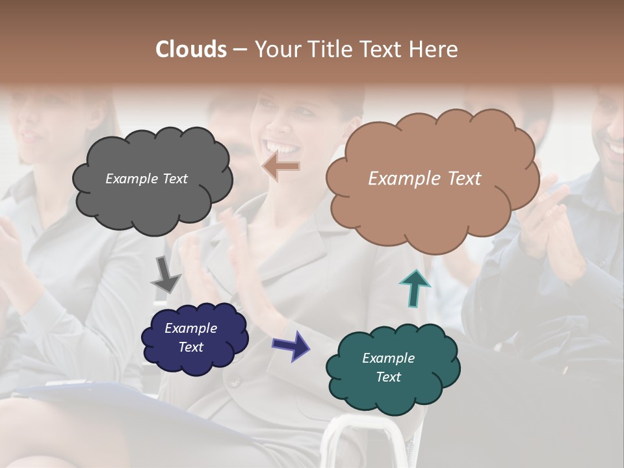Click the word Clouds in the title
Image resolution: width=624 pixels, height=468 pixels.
pos(191,49)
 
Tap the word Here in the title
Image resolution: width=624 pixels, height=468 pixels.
pos(434,49)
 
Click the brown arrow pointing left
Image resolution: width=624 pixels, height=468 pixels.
pos(281,166)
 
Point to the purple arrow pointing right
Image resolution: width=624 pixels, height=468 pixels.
pos(291,344)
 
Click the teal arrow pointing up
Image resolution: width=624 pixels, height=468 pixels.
pos(415,288)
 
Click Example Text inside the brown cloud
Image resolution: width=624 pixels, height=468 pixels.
pos(424,179)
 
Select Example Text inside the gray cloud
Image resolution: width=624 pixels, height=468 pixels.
pos(146,179)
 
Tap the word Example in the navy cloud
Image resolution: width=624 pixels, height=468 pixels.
pos(190,328)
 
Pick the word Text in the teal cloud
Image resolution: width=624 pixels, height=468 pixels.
pos(388,377)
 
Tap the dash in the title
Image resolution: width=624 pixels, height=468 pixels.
pos(239,49)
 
